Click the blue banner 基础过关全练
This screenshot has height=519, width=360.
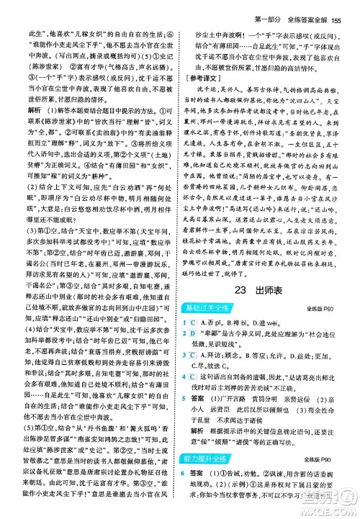point(217,309)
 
